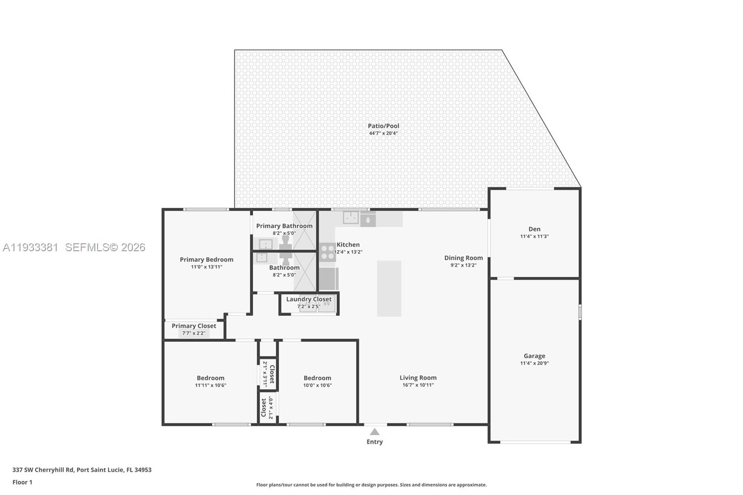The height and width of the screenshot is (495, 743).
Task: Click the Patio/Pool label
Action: pos(383,126)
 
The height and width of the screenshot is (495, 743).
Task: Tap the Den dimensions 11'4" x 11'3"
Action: pos(534,236)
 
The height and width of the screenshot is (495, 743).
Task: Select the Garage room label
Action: pos(534,356)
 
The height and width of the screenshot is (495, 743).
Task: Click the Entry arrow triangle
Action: pos(375,432)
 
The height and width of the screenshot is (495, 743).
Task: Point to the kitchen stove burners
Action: pos(327,252)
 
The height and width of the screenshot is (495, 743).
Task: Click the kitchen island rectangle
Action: pos(389,288)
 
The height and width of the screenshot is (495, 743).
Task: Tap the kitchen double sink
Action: pos(351,217)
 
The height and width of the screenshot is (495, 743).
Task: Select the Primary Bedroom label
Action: pos(207,260)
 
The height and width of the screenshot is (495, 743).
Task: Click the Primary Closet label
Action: pos(194,326)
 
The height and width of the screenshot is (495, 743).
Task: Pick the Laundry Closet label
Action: pos(309,299)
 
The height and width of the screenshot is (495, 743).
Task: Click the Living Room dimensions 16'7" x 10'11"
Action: pos(418,385)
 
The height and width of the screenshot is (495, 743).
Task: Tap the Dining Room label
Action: pos(463,258)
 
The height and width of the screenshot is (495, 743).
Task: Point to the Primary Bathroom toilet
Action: pos(286,242)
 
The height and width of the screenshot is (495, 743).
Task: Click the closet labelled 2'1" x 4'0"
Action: pos(267,407)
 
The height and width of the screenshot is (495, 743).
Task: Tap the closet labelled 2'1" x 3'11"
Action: pos(268,374)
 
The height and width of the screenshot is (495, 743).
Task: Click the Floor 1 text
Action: pos(22,482)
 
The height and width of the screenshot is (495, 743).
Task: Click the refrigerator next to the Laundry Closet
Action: pos(328,279)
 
